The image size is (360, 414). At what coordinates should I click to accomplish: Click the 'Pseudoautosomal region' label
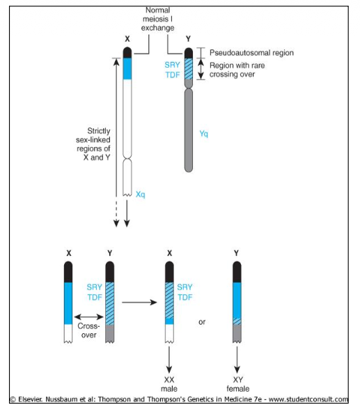251,53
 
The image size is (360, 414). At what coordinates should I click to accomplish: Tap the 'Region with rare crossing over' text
237,70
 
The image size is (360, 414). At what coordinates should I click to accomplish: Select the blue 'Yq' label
203,134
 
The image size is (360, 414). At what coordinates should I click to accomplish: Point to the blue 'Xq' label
140,194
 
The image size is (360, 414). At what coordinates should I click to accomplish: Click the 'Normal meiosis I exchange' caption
157,19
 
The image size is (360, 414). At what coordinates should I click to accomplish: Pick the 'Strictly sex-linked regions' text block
93,144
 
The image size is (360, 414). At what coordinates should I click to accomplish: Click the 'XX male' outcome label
169,384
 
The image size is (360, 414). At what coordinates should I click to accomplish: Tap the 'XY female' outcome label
238,384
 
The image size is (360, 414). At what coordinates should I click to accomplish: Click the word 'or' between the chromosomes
202,322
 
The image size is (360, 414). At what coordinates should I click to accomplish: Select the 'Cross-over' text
88,330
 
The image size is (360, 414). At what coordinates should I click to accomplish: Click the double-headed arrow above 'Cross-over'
88,317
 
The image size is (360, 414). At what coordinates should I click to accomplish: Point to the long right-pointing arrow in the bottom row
139,302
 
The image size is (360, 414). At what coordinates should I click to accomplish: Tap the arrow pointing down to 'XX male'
169,360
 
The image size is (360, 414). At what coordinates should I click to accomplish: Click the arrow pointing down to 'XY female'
237,360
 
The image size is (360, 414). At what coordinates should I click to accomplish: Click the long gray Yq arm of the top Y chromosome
189,130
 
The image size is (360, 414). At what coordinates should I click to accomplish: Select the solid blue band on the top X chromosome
127,68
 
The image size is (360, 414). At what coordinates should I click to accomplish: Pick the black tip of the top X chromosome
127,52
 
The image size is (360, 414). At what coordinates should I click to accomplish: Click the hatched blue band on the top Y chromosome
189,69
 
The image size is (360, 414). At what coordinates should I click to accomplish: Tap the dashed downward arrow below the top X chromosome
116,212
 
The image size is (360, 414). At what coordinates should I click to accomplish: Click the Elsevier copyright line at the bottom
180,399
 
